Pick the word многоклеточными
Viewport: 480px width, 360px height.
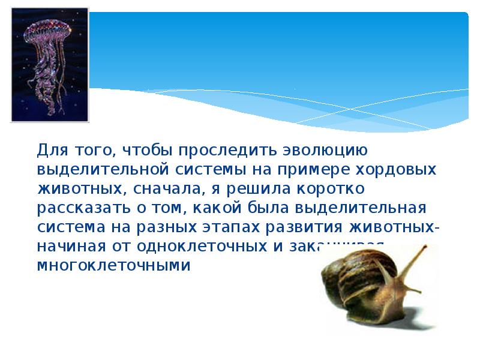pos(114,266)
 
